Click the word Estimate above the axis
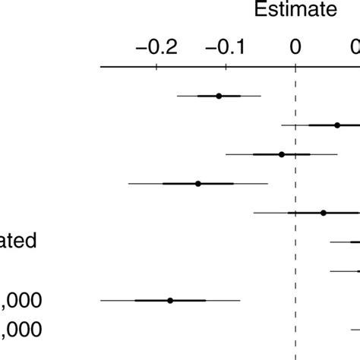tap(295, 10)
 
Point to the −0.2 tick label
tap(155, 46)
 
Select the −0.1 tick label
tap(225, 46)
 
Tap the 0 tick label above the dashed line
tap(295, 46)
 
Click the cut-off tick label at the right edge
tap(356, 46)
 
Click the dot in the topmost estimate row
tap(219, 96)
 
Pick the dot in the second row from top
tap(337, 125)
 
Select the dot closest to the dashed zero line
tap(282, 154)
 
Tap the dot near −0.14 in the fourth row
tap(198, 184)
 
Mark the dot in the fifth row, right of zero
tap(324, 213)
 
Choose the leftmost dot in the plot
tap(170, 301)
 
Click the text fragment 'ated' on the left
tap(18, 242)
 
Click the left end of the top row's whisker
tap(177, 96)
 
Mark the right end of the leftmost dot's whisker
tap(240, 301)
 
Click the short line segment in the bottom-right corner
tap(355, 330)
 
